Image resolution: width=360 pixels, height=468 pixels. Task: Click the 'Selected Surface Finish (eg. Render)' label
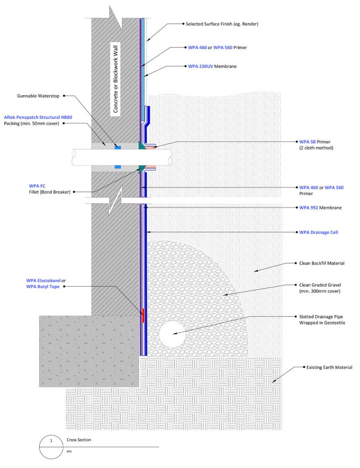coord(221,23)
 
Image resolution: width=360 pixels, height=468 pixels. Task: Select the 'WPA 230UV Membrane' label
coord(218,66)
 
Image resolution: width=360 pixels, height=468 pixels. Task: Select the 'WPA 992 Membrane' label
coord(320,207)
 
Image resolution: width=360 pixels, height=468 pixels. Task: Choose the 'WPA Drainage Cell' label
coord(318,232)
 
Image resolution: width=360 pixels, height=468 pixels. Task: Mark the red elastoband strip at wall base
coord(143,315)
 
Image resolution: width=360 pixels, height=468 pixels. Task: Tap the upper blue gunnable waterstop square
coord(118,147)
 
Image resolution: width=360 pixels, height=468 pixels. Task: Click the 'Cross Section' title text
coord(79,440)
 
